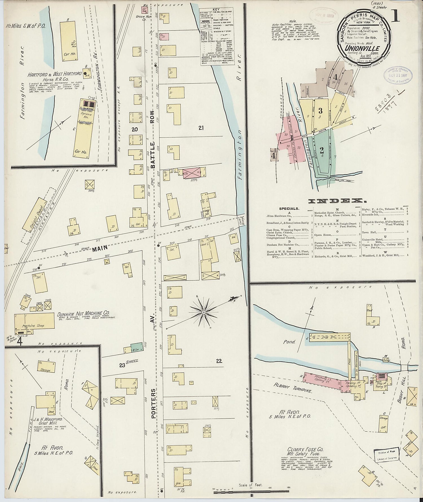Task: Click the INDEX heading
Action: point(336,201)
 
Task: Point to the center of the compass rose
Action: point(204,312)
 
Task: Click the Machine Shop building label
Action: point(33,326)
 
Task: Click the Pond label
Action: point(290,342)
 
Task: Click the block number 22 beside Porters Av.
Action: point(219,361)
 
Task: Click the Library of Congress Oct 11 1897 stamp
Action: point(398,75)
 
